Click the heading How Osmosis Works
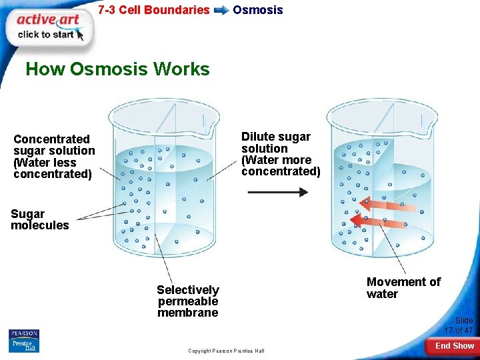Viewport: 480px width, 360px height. (x=117, y=69)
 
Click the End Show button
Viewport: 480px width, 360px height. (x=454, y=346)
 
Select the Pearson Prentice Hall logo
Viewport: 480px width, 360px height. (x=24, y=341)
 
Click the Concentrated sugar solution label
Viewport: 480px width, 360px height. (x=54, y=157)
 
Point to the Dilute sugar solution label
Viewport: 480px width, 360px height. (x=281, y=154)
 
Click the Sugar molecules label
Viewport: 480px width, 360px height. (x=39, y=220)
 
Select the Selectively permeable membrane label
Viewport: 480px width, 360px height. (x=187, y=301)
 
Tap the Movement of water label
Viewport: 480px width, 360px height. (x=403, y=288)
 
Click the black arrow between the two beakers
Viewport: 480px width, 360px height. (x=277, y=192)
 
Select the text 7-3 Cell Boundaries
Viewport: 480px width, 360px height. (x=153, y=10)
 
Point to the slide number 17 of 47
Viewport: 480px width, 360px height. (x=459, y=325)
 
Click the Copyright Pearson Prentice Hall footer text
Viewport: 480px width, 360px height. (x=226, y=351)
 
